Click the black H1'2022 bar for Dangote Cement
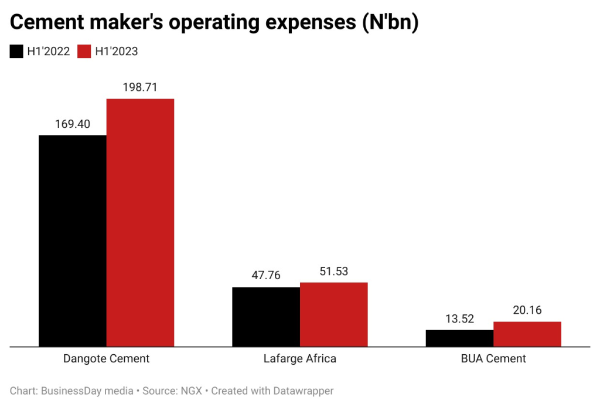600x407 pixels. pyautogui.click(x=73, y=240)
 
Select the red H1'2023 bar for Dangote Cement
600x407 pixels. pyautogui.click(x=140, y=222)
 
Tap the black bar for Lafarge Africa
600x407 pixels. pyautogui.click(x=266, y=317)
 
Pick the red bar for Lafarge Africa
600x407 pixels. pyautogui.click(x=333, y=314)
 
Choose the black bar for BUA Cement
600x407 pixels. pyautogui.click(x=459, y=338)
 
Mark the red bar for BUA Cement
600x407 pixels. pyautogui.click(x=527, y=334)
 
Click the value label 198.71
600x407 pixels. pyautogui.click(x=140, y=87)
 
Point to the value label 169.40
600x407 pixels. pyautogui.click(x=73, y=124)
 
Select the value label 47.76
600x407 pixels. pyautogui.click(x=266, y=276)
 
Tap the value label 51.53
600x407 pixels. pyautogui.click(x=333, y=271)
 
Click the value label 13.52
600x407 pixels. pyautogui.click(x=459, y=318)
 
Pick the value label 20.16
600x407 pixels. pyautogui.click(x=527, y=310)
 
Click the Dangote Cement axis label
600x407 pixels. pyautogui.click(x=106, y=358)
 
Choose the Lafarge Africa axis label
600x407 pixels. pyautogui.click(x=300, y=358)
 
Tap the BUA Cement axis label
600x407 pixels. pyautogui.click(x=493, y=358)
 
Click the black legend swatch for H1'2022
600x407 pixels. pyautogui.click(x=16, y=52)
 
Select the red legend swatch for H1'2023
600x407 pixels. pyautogui.click(x=84, y=52)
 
